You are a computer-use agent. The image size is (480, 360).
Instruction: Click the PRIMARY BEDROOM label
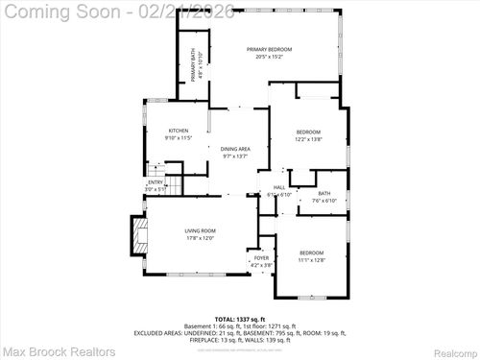click(269, 49)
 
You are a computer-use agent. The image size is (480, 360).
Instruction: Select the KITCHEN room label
click(179, 131)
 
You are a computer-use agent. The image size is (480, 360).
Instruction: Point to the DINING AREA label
click(235, 148)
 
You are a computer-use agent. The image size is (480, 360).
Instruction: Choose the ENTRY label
click(156, 182)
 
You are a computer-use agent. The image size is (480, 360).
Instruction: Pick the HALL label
click(278, 187)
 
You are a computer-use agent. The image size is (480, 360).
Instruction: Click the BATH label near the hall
click(324, 194)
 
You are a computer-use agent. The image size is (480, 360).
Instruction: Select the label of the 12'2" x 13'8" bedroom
click(307, 132)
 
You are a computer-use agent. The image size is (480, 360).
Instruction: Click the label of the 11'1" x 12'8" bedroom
click(312, 252)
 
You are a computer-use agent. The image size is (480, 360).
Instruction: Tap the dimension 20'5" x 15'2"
click(269, 57)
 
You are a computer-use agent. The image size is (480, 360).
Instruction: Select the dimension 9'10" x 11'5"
click(179, 138)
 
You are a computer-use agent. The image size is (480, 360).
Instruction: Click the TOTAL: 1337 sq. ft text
click(240, 318)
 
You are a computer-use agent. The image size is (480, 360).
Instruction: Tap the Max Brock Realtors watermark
click(46, 350)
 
